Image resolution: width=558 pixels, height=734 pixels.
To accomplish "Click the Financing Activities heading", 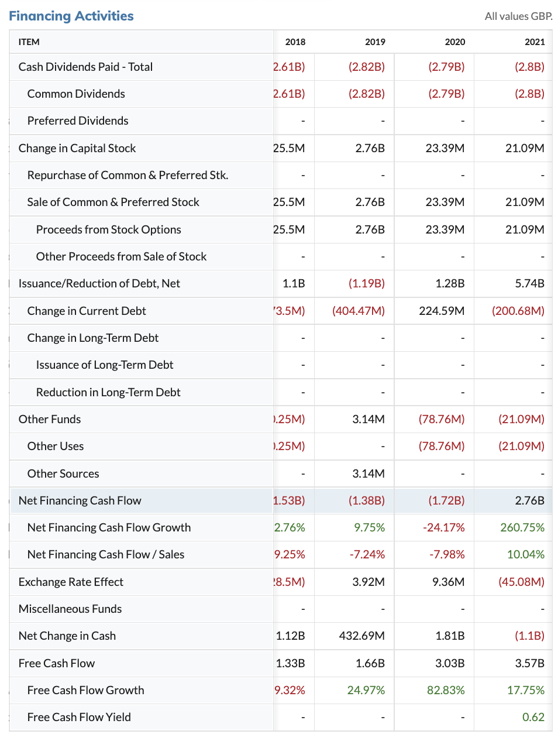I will (x=71, y=16).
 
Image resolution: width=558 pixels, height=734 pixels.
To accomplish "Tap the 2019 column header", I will (x=375, y=42).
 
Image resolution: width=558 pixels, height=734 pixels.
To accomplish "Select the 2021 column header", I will (x=535, y=42).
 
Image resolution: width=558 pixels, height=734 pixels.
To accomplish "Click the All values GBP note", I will (x=518, y=16).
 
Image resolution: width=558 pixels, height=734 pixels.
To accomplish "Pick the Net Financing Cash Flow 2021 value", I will (x=529, y=500).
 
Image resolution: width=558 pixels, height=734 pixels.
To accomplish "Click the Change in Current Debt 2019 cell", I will (x=359, y=311).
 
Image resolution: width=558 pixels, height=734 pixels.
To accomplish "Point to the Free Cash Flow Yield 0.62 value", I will (x=533, y=717).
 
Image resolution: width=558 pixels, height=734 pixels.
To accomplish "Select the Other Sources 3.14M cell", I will (x=368, y=474).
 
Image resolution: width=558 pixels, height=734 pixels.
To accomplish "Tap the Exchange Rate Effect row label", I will (x=71, y=582).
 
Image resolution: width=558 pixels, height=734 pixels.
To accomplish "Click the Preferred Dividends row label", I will (x=78, y=121).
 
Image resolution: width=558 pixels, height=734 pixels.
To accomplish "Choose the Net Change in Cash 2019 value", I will (x=361, y=636).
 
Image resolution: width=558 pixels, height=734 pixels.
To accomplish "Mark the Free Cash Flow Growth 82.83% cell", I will (x=446, y=690).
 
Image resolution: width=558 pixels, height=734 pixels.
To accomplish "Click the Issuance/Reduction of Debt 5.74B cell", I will (x=529, y=283).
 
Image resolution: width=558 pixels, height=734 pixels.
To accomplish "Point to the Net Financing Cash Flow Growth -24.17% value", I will (x=443, y=527).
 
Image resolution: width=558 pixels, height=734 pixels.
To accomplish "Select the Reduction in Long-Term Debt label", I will (x=108, y=392).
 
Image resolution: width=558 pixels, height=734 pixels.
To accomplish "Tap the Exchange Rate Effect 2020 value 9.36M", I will (x=448, y=582).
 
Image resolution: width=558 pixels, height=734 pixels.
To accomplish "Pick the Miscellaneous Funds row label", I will (x=70, y=609).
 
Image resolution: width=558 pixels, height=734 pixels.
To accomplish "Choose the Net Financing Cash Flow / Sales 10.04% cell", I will (x=525, y=554).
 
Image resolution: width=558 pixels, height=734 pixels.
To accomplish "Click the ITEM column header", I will (x=29, y=42).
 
